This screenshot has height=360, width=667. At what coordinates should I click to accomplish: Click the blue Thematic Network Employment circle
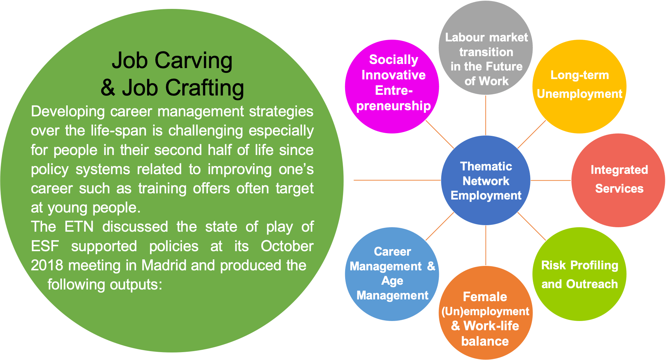(486, 180)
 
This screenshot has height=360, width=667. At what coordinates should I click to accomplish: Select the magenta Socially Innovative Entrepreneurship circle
(392, 86)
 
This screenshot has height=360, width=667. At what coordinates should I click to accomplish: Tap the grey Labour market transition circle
(486, 48)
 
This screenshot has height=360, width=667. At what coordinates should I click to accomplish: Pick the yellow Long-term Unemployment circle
(579, 86)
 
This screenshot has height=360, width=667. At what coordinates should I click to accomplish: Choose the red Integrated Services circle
(618, 180)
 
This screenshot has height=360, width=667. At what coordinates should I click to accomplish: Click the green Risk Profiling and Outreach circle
(579, 274)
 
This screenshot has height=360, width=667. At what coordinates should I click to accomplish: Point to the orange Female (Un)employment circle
(486, 313)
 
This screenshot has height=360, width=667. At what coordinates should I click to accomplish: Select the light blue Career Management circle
(392, 274)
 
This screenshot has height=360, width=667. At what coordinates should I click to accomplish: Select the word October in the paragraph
(287, 246)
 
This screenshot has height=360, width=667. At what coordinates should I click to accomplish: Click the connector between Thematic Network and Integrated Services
(551, 180)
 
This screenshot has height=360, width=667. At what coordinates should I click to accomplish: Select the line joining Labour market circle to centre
(486, 115)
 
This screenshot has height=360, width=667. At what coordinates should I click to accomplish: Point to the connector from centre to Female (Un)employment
(486, 245)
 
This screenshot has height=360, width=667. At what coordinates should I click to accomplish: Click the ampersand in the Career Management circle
(431, 266)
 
